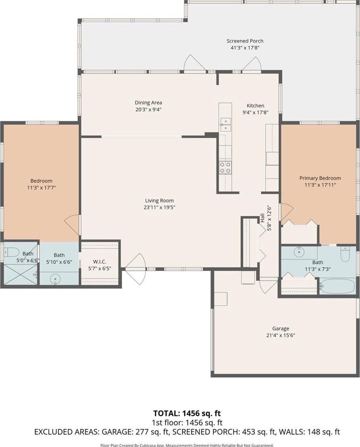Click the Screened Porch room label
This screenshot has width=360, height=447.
click(x=245, y=41)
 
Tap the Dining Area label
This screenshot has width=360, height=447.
click(x=148, y=102)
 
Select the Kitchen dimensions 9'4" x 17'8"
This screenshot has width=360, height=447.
click(x=256, y=112)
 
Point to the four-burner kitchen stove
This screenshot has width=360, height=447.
click(x=225, y=167)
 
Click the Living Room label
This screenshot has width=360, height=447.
click(x=159, y=201)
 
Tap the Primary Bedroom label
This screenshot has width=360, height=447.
click(x=320, y=178)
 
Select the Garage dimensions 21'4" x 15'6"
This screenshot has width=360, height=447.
click(x=281, y=335)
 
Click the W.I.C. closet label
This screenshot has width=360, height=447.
click(x=100, y=262)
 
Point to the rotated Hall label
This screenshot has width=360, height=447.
click(x=262, y=218)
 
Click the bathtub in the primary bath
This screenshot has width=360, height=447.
click(x=337, y=286)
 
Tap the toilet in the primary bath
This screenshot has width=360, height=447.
click(x=345, y=254)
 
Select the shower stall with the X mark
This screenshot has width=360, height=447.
click(x=20, y=274)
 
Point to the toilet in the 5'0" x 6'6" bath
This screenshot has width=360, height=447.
click(x=11, y=252)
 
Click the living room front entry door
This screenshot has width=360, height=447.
click(x=135, y=269)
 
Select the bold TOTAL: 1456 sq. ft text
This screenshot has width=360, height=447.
click(x=187, y=413)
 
